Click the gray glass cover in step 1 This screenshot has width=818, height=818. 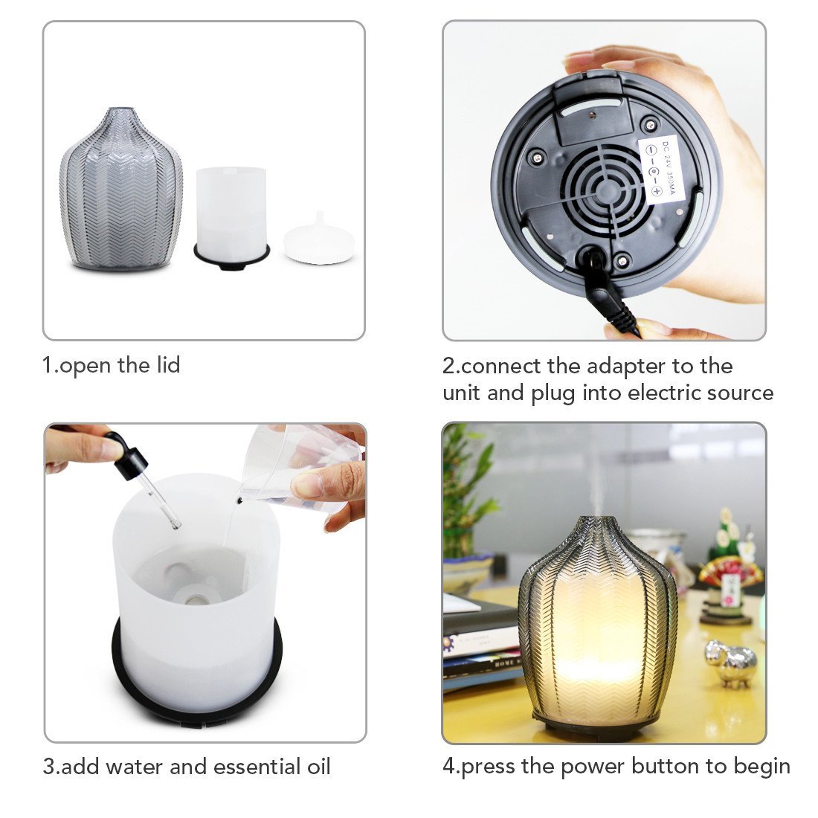pyautogui.click(x=120, y=190)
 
